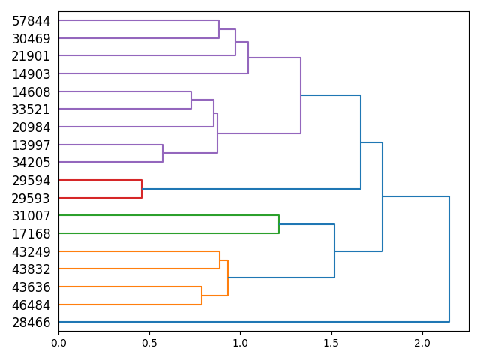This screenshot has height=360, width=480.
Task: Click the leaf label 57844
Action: coord(31,21)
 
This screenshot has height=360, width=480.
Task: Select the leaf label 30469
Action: coord(31,38)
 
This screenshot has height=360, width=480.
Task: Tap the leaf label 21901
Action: coord(31,56)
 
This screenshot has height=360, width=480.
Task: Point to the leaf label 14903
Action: coord(31,73)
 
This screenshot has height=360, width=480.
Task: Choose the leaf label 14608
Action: coord(31,91)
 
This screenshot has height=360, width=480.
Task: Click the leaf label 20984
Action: coord(31,127)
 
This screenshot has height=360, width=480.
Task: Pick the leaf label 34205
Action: coord(31,162)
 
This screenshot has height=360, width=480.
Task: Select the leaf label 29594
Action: coord(31,180)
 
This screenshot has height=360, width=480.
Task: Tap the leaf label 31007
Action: coord(31,215)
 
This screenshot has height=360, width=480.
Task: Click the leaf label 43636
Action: coord(31,286)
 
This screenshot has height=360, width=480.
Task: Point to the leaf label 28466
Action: coord(31,322)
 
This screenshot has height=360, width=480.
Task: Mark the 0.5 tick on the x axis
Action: coord(149,331)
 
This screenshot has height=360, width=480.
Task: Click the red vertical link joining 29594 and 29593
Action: coord(142,189)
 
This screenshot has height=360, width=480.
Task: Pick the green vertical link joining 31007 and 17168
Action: coord(279,224)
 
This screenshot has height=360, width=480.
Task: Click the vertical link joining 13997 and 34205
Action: coord(163,153)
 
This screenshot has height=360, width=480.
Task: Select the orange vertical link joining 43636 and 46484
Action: coord(202,295)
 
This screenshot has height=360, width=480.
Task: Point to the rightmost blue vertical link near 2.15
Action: coord(449,259)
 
